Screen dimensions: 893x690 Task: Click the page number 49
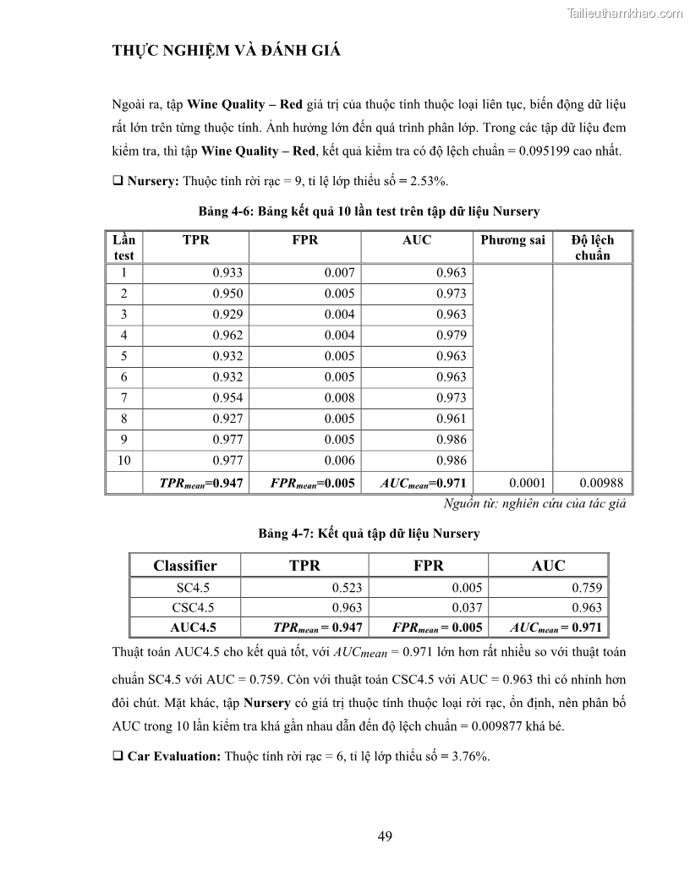click(x=385, y=836)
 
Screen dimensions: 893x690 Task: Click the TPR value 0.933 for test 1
click(x=227, y=273)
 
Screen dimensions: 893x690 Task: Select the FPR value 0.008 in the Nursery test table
click(x=340, y=397)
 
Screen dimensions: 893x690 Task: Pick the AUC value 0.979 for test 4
click(x=452, y=335)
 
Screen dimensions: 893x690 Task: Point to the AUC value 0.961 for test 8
click(x=452, y=419)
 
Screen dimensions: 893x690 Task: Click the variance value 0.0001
click(x=528, y=484)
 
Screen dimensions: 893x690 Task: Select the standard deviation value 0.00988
click(x=601, y=484)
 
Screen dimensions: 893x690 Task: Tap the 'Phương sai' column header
click(x=512, y=240)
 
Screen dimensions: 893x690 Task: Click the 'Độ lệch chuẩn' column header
click(x=592, y=247)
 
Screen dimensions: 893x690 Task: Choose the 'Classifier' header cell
click(x=185, y=566)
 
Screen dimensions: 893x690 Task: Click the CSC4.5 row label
click(x=185, y=607)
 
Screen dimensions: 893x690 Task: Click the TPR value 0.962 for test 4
click(x=227, y=335)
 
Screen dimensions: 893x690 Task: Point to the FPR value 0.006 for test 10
click(x=340, y=460)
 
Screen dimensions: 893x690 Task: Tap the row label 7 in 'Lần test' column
click(x=124, y=397)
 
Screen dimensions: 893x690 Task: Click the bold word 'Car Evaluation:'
click(x=174, y=756)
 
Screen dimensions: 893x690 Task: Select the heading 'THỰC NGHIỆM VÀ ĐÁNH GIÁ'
click(x=227, y=51)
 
